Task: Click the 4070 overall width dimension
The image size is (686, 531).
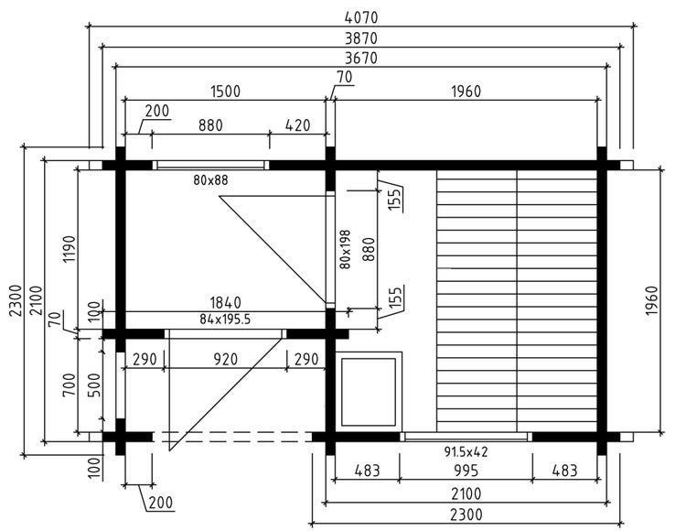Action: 361,17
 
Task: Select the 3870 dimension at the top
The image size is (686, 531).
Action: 361,38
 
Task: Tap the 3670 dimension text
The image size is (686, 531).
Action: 361,58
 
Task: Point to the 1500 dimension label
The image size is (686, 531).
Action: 225,92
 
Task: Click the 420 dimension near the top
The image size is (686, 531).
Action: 297,125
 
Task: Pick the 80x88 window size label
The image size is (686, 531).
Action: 211,180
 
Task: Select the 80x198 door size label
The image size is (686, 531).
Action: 345,249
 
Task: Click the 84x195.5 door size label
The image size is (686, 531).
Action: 225,320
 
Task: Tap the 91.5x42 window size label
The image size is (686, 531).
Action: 466,451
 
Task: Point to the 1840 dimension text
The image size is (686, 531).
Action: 225,303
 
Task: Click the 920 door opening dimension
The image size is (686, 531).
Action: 225,360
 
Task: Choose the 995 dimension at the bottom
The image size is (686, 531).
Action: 466,471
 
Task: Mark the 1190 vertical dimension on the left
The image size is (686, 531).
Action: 70,250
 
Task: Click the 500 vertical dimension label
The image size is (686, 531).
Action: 94,385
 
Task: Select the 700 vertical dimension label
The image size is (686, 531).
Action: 70,385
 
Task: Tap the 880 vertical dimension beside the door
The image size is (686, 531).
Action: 369,249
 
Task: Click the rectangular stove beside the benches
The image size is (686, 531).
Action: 369,391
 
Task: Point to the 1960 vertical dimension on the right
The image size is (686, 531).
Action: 651,300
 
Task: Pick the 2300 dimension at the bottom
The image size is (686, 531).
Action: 466,515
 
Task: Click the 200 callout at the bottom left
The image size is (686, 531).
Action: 161,503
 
